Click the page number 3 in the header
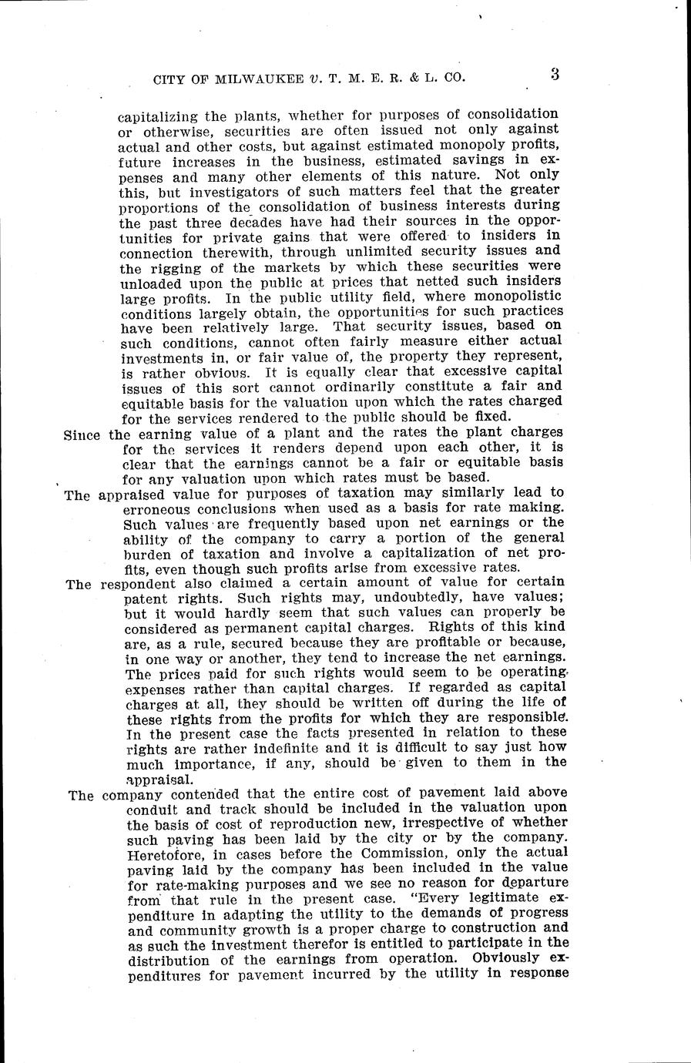555,75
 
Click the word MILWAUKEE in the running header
254,78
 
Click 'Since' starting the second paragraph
82,434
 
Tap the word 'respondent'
138,584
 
